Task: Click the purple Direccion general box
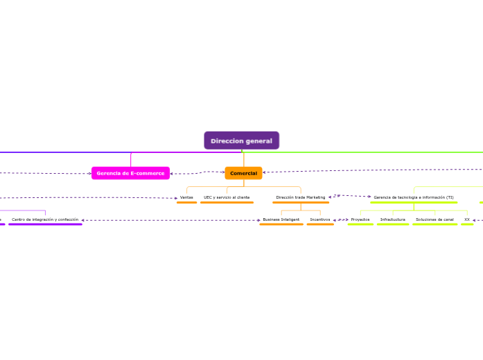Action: pyautogui.click(x=241, y=141)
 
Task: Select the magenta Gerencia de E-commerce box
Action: pyautogui.click(x=130, y=173)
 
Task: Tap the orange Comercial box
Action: pyautogui.click(x=243, y=173)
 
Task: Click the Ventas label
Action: pyautogui.click(x=186, y=197)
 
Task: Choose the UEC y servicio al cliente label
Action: pyautogui.click(x=227, y=197)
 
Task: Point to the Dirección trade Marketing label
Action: pyautogui.click(x=300, y=197)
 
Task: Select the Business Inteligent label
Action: pyautogui.click(x=281, y=219)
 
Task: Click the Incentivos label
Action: pyautogui.click(x=320, y=219)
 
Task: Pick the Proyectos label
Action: pyautogui.click(x=360, y=219)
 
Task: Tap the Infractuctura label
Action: pyautogui.click(x=393, y=219)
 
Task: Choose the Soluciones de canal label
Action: pyautogui.click(x=434, y=219)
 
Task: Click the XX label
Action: pyautogui.click(x=467, y=219)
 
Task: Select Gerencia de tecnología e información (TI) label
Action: pyautogui.click(x=414, y=197)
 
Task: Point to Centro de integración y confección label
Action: pyautogui.click(x=45, y=219)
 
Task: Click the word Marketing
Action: pyautogui.click(x=315, y=197)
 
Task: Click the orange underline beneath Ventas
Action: pyautogui.click(x=186, y=203)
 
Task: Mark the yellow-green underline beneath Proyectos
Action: pyautogui.click(x=360, y=224)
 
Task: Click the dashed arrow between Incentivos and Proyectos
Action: pyautogui.click(x=340, y=220)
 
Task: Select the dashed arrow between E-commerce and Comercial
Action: pyautogui.click(x=197, y=172)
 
